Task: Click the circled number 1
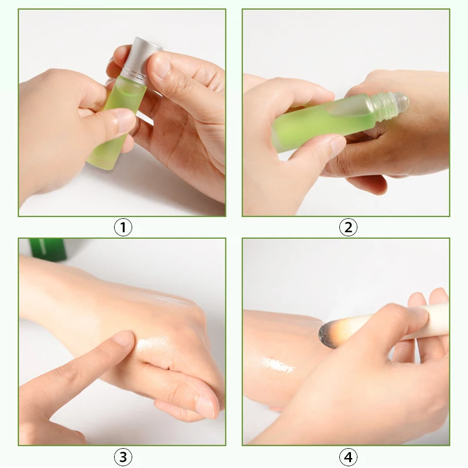123,227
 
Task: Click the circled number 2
348,227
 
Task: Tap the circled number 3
123,457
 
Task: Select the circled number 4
348,457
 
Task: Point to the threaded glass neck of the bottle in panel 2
383,106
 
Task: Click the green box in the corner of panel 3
48,250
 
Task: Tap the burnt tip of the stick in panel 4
328,333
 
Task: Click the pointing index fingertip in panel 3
125,338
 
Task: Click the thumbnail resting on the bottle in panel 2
338,144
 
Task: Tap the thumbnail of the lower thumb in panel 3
205,407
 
